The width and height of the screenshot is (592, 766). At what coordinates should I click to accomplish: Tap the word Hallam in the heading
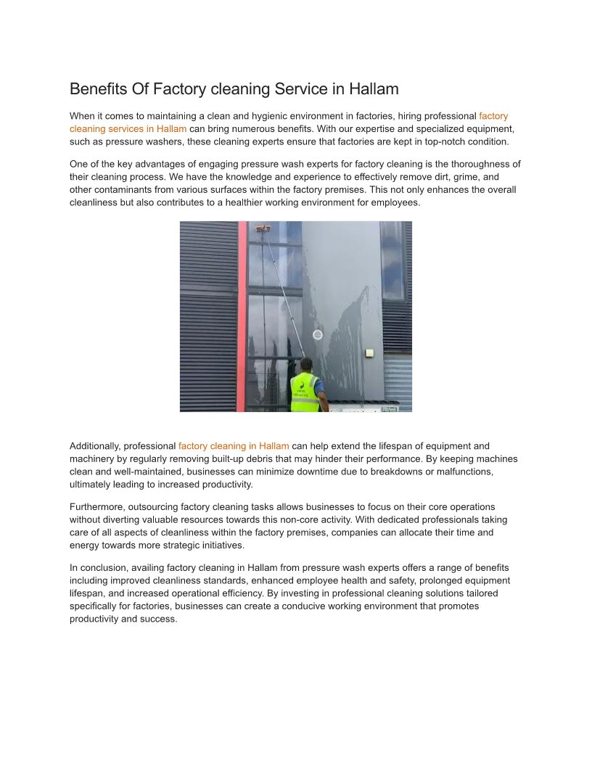click(374, 89)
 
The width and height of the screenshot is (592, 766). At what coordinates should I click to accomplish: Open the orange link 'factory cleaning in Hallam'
click(234, 446)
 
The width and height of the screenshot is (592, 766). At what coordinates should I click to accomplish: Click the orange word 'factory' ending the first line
click(493, 116)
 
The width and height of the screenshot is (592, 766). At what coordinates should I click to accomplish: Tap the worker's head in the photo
click(306, 363)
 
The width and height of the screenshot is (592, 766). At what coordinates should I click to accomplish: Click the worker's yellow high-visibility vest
click(305, 392)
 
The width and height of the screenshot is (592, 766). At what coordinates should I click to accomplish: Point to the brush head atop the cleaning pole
click(263, 229)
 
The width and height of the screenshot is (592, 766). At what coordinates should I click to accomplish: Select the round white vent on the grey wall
click(317, 334)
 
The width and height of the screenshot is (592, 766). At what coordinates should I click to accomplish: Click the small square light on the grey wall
click(369, 353)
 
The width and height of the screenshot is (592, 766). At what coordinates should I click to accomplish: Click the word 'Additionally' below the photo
click(95, 446)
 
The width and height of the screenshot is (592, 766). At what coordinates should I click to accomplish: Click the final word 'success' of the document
click(160, 619)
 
